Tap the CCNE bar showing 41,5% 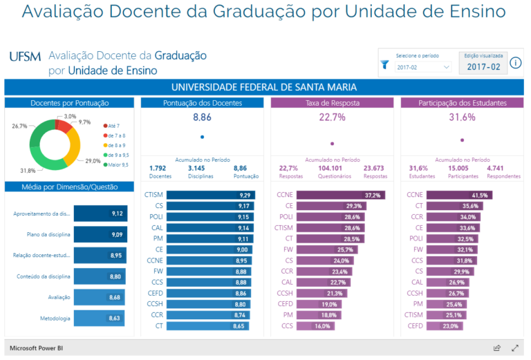[459, 196]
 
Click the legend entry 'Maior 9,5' [118, 164]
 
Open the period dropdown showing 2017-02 [423, 67]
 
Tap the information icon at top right [515, 64]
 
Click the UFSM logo [26, 57]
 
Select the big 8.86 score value [202, 118]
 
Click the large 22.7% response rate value [332, 118]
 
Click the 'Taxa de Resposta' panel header [332, 103]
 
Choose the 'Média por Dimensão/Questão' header [70, 187]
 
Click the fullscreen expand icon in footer [515, 348]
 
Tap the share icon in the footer [496, 348]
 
